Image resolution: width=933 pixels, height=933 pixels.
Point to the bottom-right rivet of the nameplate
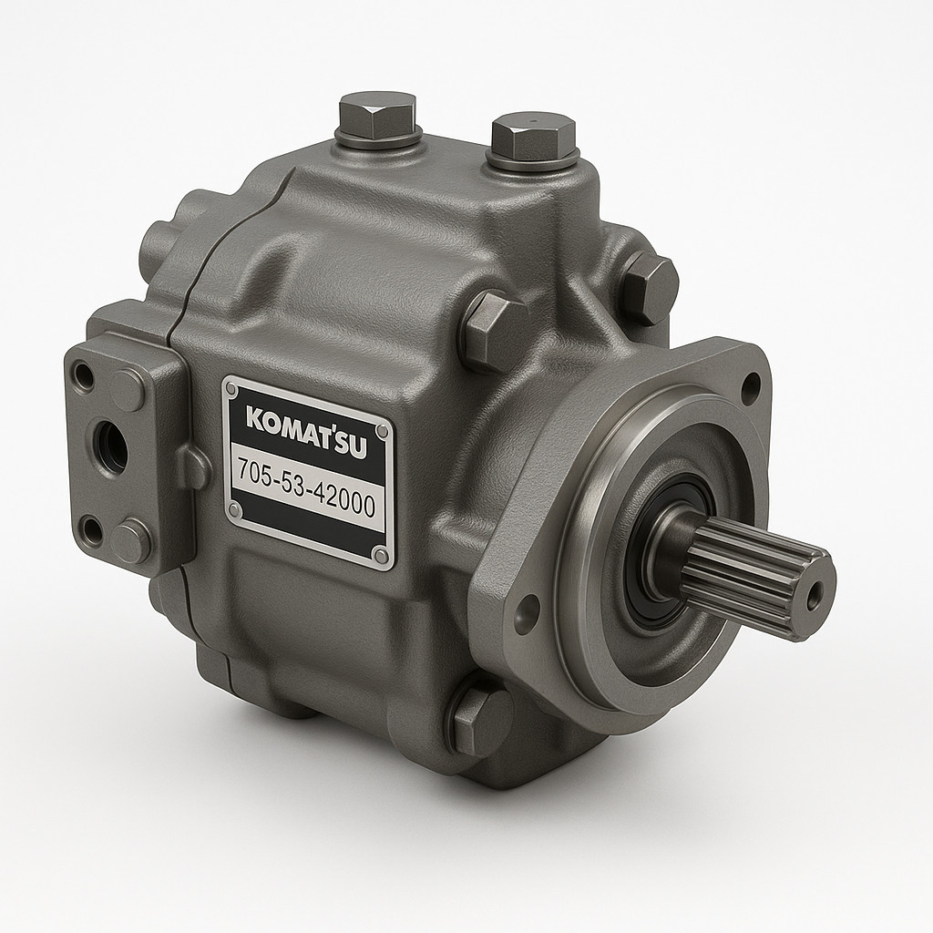click(381, 555)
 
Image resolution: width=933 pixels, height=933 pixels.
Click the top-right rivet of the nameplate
click(383, 430)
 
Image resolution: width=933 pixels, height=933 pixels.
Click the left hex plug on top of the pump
click(378, 124)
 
